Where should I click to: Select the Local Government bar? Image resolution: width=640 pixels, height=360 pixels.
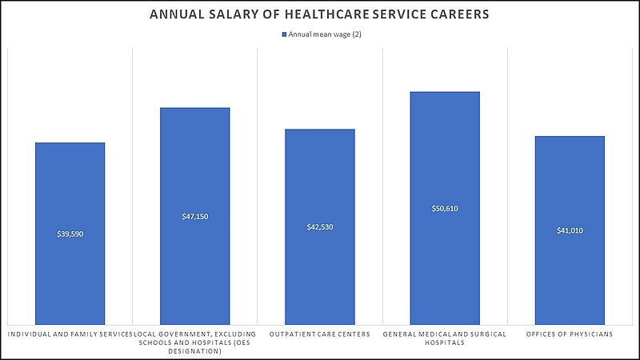pyautogui.click(x=195, y=264)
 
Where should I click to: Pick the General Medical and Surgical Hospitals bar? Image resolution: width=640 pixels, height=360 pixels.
pyautogui.click(x=445, y=264)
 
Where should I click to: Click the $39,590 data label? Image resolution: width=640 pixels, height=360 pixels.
pyautogui.click(x=70, y=234)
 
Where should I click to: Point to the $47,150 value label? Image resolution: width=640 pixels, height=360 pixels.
pyautogui.click(x=195, y=216)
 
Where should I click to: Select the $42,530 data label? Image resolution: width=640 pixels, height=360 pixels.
pyautogui.click(x=320, y=227)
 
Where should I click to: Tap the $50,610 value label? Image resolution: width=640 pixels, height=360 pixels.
pyautogui.click(x=445, y=208)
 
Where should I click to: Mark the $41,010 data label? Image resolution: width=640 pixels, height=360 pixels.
pyautogui.click(x=570, y=230)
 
